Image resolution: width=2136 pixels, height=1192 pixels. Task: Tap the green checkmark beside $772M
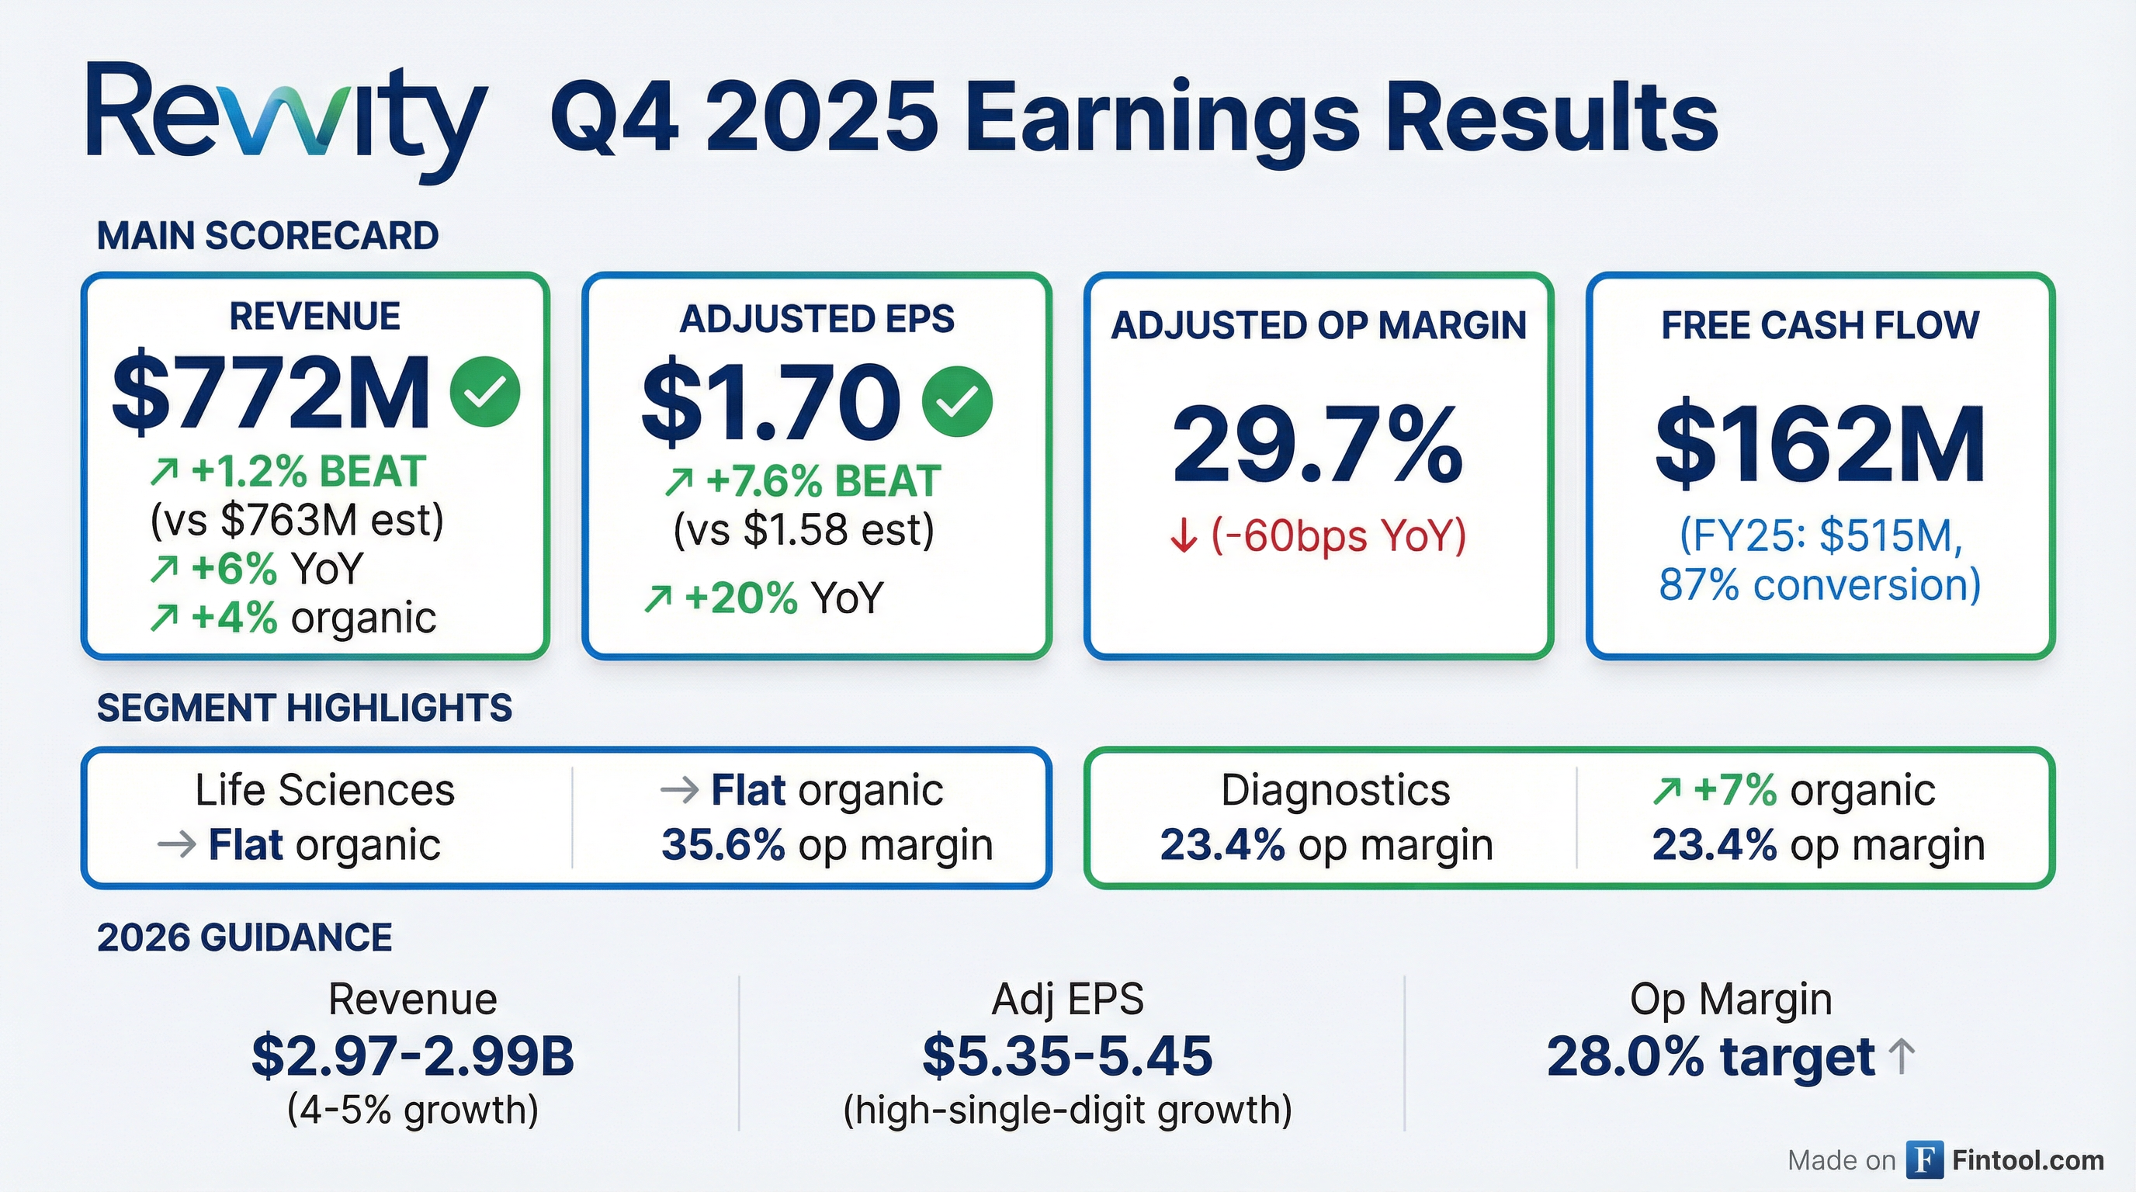485,392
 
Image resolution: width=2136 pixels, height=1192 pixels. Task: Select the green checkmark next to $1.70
957,401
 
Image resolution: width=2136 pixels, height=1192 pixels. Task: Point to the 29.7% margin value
1318,445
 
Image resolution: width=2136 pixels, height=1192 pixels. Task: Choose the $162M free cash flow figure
1820,445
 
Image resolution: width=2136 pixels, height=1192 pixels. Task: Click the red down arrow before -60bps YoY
1183,536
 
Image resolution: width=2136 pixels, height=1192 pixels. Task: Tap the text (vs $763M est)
296,521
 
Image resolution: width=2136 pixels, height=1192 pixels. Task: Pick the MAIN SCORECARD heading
268,236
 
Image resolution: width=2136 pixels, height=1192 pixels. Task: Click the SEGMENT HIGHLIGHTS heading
304,709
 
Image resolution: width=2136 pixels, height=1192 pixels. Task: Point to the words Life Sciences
325,790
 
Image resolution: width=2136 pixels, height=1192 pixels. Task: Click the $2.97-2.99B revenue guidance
413,1056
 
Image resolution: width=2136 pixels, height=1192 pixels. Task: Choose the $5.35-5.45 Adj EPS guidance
1067,1056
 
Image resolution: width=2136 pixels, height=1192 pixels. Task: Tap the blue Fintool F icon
1925,1159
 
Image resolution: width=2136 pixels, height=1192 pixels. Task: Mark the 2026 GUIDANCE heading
244,938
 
